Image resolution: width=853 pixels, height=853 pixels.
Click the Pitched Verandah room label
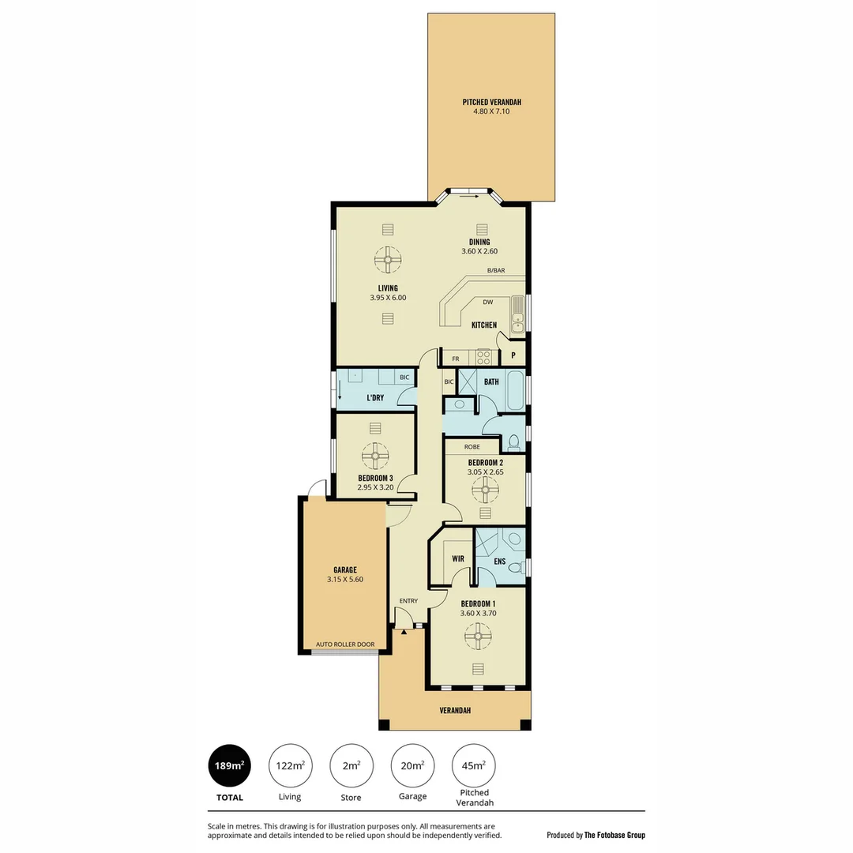tap(491, 102)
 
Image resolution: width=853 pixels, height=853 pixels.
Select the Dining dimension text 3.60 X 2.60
tap(479, 251)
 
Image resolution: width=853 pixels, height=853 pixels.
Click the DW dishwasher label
tap(487, 302)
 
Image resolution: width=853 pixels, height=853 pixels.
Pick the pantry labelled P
tap(513, 356)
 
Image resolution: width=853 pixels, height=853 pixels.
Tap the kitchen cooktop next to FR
tap(483, 358)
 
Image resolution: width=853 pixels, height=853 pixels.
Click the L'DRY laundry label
tap(375, 397)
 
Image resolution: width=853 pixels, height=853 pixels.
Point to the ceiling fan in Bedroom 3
tap(375, 456)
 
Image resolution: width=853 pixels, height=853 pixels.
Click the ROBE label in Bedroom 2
tap(472, 447)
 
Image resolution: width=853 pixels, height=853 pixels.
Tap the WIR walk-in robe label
tap(457, 558)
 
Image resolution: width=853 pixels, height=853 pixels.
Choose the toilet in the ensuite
tap(516, 567)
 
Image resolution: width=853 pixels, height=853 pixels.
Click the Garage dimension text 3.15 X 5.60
tap(344, 580)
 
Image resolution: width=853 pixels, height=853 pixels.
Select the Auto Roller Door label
tap(344, 644)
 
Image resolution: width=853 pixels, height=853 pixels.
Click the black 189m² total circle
tap(230, 766)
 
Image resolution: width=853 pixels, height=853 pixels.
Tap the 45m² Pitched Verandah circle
tap(474, 766)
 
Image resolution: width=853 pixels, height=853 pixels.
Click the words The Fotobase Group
tap(614, 835)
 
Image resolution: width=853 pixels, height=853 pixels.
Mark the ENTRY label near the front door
tap(408, 601)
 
